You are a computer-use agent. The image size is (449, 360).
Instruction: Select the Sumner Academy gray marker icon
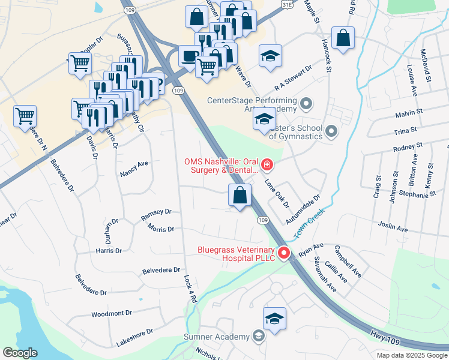pyautogui.click(x=259, y=336)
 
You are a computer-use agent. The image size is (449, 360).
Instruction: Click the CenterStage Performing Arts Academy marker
pyautogui.click(x=306, y=104)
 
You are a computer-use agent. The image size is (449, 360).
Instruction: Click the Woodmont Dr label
pyautogui.click(x=112, y=314)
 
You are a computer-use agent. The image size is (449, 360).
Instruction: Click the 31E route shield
pyautogui.click(x=286, y=4)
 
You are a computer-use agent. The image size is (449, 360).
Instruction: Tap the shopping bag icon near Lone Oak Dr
pyautogui.click(x=240, y=195)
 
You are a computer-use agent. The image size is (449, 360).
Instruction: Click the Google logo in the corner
pyautogui.click(x=20, y=353)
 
